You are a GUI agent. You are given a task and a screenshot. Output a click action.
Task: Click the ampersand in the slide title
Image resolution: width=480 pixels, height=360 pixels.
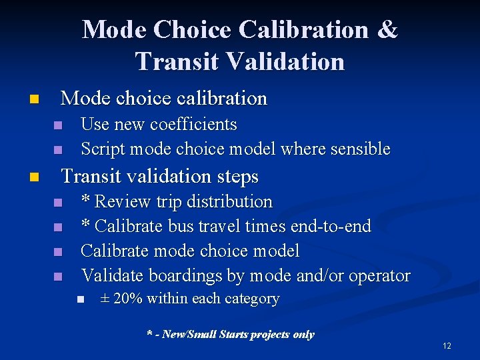(x=386, y=30)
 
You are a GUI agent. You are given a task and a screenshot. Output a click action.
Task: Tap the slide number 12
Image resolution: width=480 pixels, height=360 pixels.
(x=447, y=346)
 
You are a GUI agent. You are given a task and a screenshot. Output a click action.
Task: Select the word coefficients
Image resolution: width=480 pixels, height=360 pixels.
(x=194, y=125)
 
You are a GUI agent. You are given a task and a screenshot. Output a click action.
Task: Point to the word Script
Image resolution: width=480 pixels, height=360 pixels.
(x=102, y=149)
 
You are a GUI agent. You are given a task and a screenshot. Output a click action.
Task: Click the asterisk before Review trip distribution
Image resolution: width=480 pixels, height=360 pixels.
(x=85, y=200)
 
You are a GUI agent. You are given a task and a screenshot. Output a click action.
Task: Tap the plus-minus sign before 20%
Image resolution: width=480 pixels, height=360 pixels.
(x=105, y=299)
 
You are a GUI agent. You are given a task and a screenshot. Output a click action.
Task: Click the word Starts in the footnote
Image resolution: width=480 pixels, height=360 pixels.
(x=231, y=334)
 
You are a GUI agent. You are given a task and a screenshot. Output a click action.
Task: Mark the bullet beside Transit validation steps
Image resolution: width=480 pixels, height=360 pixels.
(x=34, y=178)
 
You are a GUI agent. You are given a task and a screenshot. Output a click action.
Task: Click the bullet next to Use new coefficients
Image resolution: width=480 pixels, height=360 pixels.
(x=58, y=125)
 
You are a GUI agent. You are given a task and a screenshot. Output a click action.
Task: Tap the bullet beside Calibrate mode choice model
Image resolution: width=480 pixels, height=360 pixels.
(x=58, y=252)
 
